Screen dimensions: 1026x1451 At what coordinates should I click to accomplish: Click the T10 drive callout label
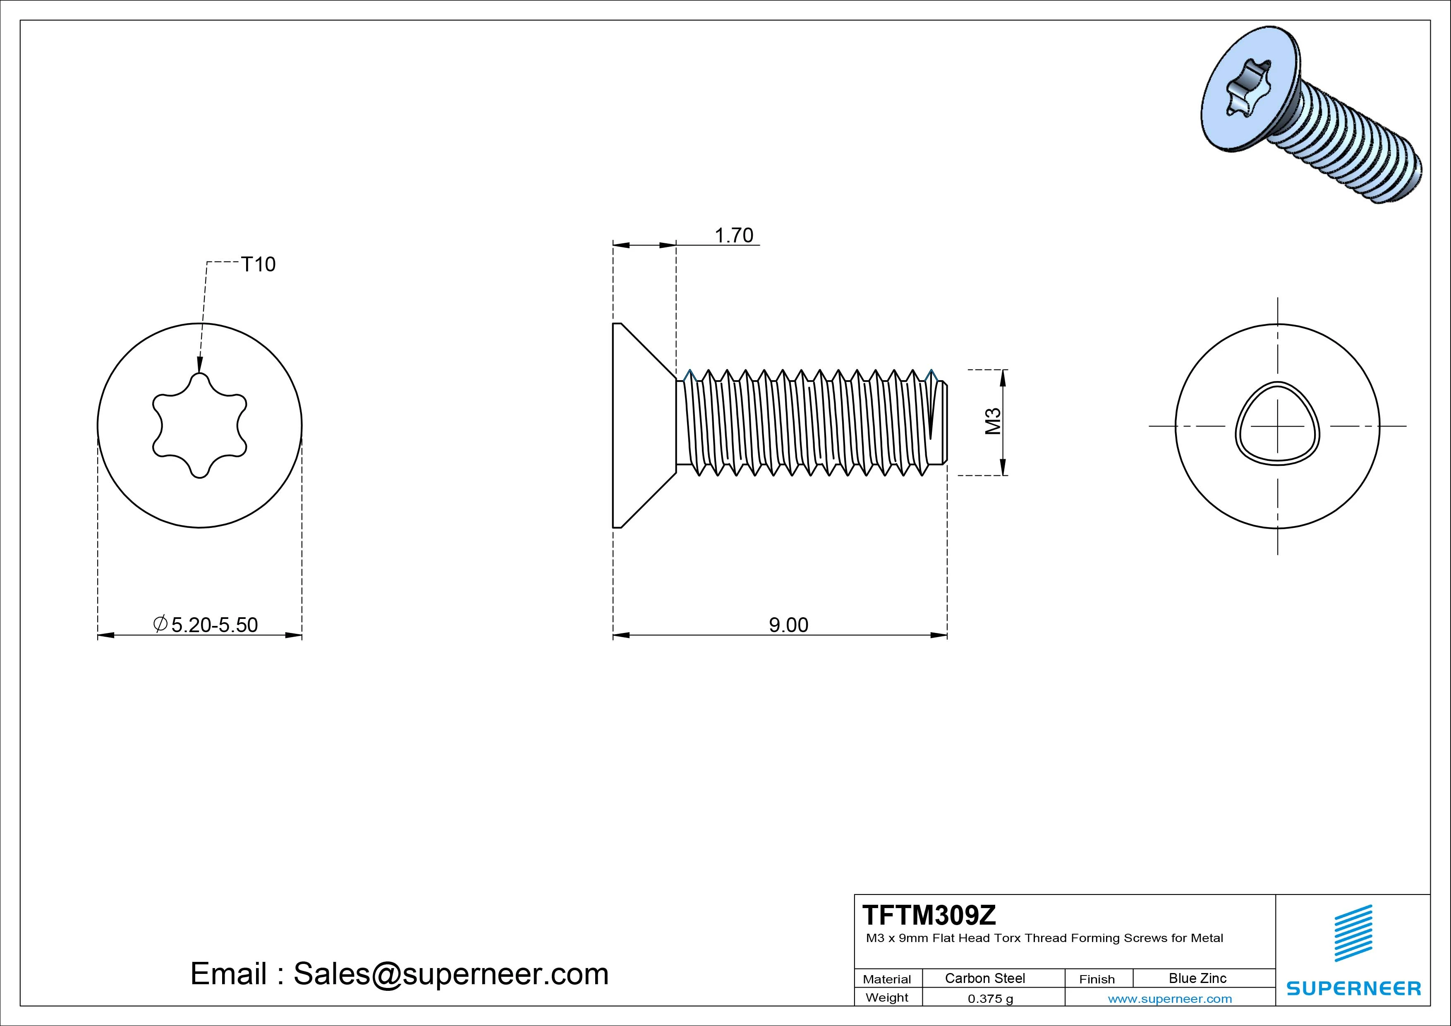click(258, 264)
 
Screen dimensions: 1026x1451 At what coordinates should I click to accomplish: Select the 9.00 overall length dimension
click(788, 625)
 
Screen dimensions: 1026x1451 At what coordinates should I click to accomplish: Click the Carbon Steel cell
click(984, 978)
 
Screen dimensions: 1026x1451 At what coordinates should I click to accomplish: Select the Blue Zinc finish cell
click(1197, 978)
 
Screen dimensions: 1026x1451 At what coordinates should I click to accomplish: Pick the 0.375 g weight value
click(990, 999)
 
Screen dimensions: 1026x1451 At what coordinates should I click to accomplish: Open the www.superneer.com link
click(1170, 999)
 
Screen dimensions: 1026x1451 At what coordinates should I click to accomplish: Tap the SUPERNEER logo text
click(1354, 988)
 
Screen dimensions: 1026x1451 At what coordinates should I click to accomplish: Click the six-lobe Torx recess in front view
click(200, 425)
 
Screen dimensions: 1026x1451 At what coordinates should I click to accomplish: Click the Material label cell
click(887, 979)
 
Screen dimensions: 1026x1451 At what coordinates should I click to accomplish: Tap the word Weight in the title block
click(887, 997)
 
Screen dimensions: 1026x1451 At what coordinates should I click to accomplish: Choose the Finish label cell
click(1097, 979)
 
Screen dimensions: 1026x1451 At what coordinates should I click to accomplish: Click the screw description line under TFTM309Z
click(1044, 938)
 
